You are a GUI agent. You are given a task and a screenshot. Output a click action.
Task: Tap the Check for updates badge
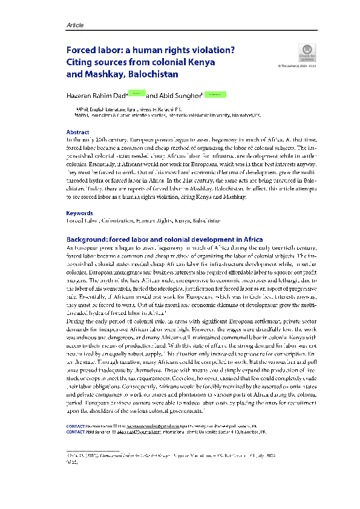(307, 53)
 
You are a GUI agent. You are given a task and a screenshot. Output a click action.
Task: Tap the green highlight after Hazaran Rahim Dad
(137, 94)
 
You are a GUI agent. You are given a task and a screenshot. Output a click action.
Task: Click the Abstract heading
(79, 132)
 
